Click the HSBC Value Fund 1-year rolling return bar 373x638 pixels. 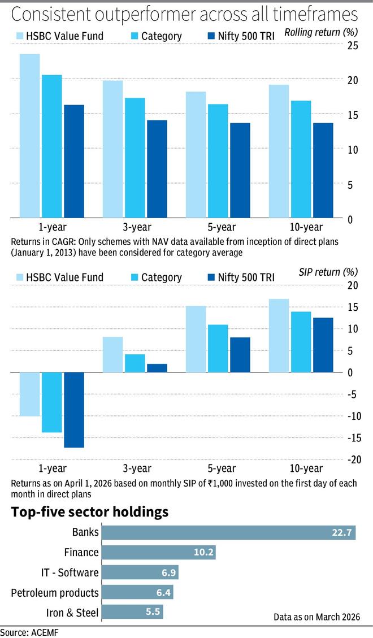[x=30, y=136]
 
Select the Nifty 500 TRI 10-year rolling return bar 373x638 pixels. [x=323, y=170]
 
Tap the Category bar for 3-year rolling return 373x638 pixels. [x=135, y=158]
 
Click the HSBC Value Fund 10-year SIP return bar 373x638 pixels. [x=279, y=335]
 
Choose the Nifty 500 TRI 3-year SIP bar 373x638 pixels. [x=157, y=368]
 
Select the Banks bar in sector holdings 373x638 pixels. [x=228, y=532]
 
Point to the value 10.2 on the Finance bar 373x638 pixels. [x=203, y=553]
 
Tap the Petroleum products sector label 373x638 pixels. [x=55, y=593]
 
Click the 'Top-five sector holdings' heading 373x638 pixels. [x=90, y=512]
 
